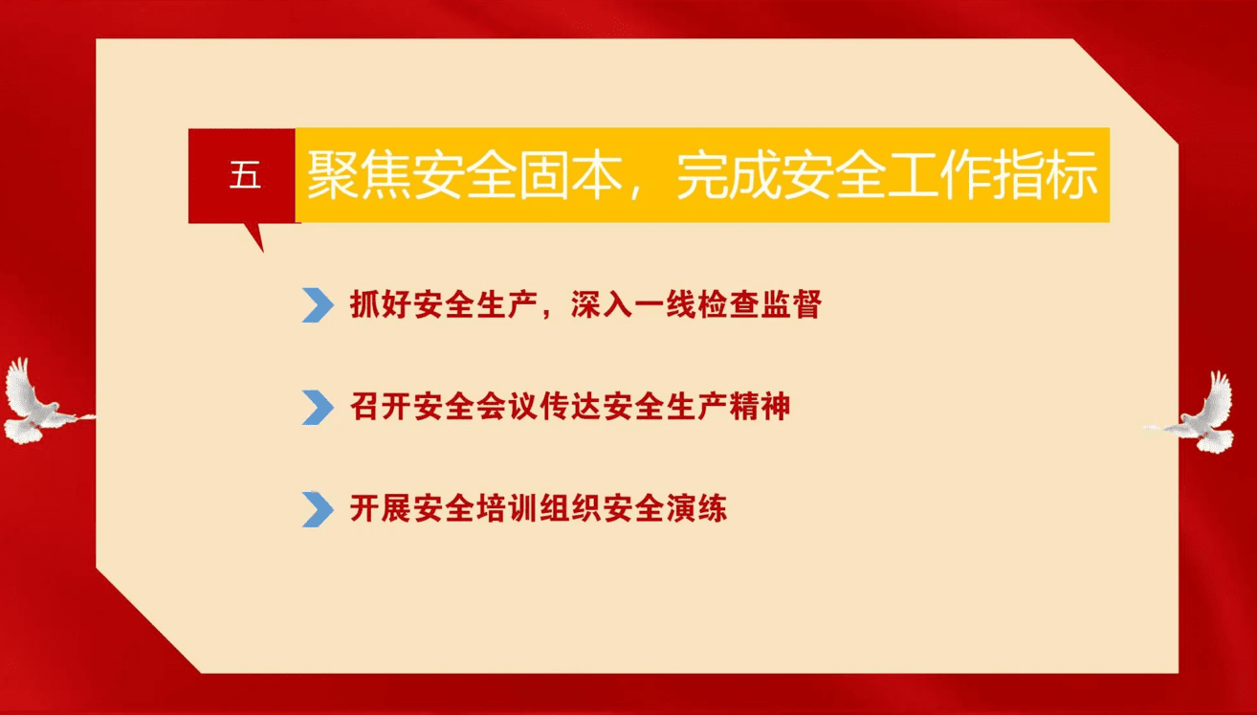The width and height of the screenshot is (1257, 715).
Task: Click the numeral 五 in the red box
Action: click(245, 176)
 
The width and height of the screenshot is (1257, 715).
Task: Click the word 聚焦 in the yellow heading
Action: click(360, 175)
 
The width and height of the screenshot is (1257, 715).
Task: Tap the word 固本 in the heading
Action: click(571, 175)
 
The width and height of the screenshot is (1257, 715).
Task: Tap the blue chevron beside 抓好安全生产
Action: click(318, 305)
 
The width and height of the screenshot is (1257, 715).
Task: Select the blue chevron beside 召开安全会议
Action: click(318, 407)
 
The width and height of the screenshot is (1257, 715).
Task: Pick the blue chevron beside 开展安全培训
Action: click(318, 509)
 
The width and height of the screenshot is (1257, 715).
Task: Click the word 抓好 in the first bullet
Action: click(381, 304)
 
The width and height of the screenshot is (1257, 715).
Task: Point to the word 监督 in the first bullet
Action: click(791, 304)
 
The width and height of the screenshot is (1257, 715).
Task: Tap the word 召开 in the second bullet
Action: click(381, 406)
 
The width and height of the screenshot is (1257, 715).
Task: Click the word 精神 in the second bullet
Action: click(760, 406)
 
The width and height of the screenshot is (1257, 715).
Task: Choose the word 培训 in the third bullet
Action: click(507, 508)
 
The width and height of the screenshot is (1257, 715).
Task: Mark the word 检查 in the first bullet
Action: click(728, 304)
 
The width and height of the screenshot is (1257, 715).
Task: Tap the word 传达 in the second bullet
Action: click(570, 406)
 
